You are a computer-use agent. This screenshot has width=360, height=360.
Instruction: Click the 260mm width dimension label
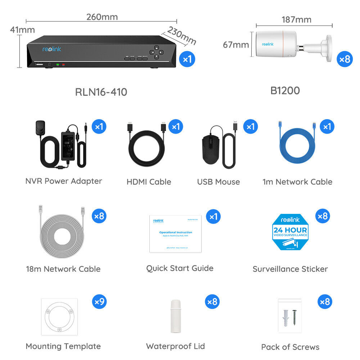102,17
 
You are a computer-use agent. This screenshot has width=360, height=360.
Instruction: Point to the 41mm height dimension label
22,30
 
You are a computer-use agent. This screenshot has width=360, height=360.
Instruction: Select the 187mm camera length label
296,19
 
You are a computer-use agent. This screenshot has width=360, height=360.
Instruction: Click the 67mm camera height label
236,45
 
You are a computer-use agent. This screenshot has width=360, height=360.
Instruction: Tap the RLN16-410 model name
101,92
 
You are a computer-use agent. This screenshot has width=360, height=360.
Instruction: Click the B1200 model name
285,91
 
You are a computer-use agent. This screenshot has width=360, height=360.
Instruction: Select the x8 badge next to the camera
345,59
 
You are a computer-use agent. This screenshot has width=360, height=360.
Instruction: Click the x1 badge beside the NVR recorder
187,59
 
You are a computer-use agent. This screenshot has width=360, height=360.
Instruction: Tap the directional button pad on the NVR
156,51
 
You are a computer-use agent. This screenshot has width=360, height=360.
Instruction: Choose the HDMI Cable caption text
149,182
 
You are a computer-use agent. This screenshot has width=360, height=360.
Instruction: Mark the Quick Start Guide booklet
175,234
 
